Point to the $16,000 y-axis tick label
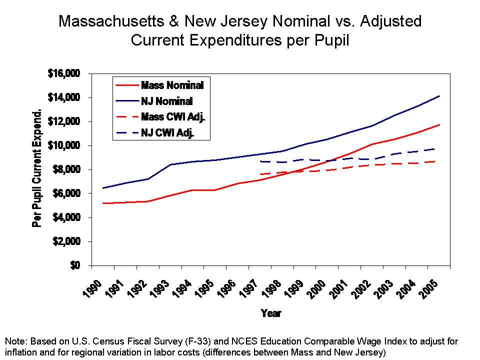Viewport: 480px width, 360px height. point(64,73)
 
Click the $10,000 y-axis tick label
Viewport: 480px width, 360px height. point(64,145)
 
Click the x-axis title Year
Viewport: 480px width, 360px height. point(271,313)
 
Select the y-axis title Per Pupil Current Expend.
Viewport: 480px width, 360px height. point(37,168)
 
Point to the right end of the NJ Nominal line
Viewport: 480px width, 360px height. point(439,96)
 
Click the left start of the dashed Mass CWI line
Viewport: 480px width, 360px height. point(259,174)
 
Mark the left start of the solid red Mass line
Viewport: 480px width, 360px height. point(102,203)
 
